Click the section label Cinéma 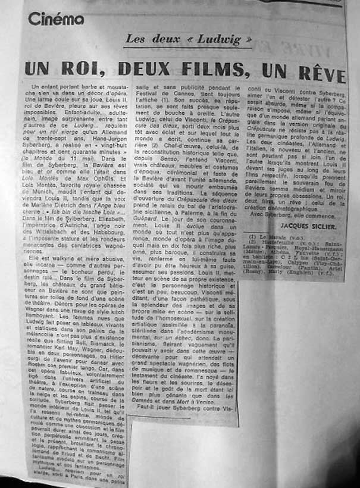click(56, 19)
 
